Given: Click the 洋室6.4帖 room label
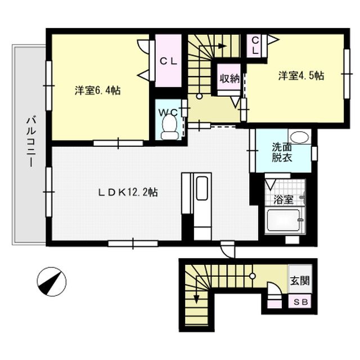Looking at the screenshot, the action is point(97,91).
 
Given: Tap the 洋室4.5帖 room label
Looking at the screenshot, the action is point(301,75).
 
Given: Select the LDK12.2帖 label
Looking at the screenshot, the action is point(128,192).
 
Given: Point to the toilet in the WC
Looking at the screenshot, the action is point(170,127).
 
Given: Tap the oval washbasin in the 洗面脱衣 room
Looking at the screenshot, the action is point(299,137).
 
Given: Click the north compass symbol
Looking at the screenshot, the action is point(51,282).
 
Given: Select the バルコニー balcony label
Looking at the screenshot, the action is point(31,142).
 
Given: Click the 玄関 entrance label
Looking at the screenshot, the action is point(300,281).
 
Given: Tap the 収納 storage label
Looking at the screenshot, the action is point(229,79).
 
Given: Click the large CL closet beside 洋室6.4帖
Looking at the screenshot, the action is point(169,61).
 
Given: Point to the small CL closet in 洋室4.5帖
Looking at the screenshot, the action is point(255,46).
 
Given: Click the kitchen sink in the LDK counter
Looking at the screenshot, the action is point(202,188).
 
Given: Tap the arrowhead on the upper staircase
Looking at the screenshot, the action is point(222,46).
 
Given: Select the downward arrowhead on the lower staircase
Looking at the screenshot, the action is point(196,299).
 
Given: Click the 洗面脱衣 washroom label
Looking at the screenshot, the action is point(282,152).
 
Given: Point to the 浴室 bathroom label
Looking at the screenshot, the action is point(283,200).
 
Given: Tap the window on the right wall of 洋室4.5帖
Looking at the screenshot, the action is point(346,74).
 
